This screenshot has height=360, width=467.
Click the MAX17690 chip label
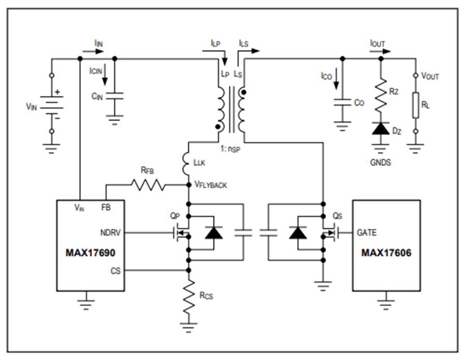(x=90, y=253)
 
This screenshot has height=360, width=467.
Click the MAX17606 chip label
(x=386, y=253)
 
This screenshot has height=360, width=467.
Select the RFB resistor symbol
(x=148, y=185)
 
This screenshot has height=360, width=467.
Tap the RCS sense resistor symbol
(x=188, y=297)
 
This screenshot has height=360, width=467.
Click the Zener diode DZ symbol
(x=381, y=129)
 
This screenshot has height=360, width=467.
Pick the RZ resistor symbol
(x=381, y=95)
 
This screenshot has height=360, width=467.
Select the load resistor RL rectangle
(x=416, y=105)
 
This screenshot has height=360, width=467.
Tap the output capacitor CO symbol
(x=342, y=102)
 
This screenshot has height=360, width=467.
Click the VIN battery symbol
(x=52, y=104)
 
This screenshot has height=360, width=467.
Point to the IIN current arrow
(x=93, y=51)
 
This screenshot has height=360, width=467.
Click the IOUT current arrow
(x=380, y=51)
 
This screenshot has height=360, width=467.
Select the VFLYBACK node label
(x=211, y=185)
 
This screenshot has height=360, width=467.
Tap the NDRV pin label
(x=110, y=232)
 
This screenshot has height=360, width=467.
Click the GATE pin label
(x=367, y=232)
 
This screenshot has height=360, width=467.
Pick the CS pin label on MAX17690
(x=116, y=271)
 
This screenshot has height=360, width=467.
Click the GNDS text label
(x=380, y=162)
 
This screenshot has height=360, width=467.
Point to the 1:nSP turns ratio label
(x=230, y=149)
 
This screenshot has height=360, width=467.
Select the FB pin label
(x=106, y=207)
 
